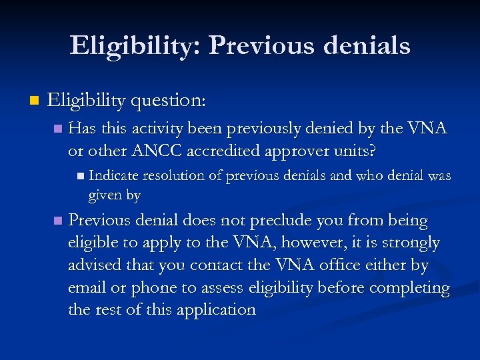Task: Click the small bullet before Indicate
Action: [80, 177]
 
